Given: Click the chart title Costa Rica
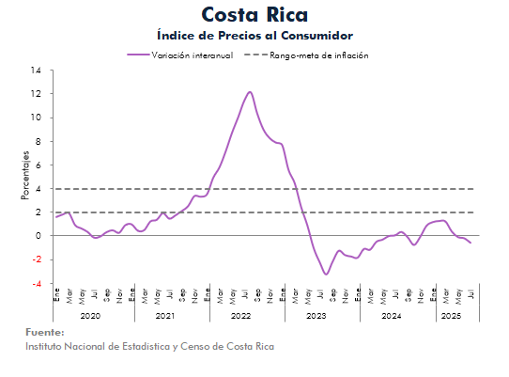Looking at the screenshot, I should pyautogui.click(x=254, y=15).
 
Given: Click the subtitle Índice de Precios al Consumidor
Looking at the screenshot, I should pyautogui.click(x=254, y=36).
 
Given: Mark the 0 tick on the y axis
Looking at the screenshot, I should pyautogui.click(x=38, y=236).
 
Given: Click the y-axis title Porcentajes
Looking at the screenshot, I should pyautogui.click(x=25, y=177).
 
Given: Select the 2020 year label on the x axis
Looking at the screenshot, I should pyautogui.click(x=90, y=316).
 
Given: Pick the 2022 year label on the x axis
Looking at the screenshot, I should pyautogui.click(x=240, y=316).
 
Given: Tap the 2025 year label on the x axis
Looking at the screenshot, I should pyautogui.click(x=453, y=316).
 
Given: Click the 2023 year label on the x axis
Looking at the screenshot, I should pyautogui.click(x=316, y=316).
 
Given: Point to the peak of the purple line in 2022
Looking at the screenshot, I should pyautogui.click(x=250, y=92).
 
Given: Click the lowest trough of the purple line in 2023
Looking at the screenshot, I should pyautogui.click(x=326, y=275).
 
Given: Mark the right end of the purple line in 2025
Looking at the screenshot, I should pyautogui.click(x=470, y=243).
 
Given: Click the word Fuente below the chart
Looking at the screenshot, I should pyautogui.click(x=45, y=333).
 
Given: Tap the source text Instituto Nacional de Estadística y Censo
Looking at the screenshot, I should pyautogui.click(x=150, y=346).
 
